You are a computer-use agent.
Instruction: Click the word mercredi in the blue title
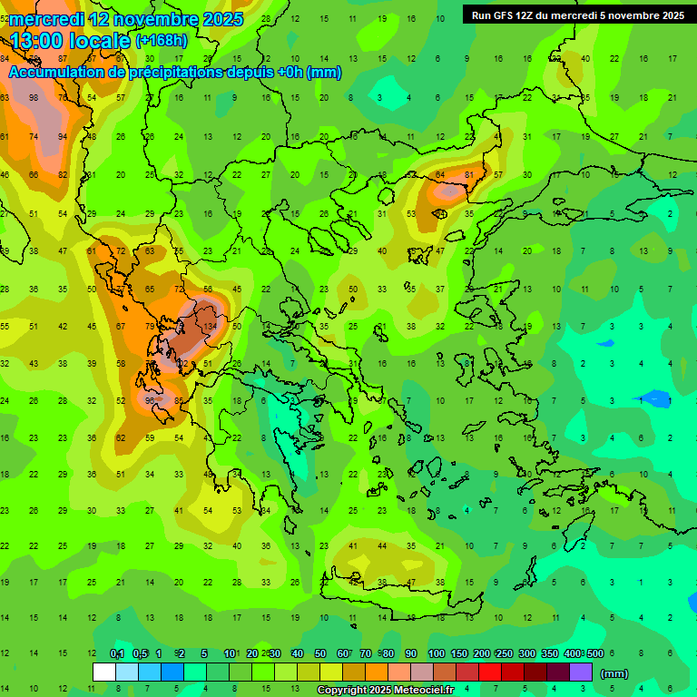pyautogui.click(x=46, y=19)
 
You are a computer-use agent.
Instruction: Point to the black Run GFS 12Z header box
pyautogui.click(x=577, y=15)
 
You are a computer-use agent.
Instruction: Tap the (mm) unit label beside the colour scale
pyautogui.click(x=614, y=673)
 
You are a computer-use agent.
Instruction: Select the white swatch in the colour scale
pyautogui.click(x=104, y=672)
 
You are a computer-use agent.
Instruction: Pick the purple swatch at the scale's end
pyautogui.click(x=581, y=672)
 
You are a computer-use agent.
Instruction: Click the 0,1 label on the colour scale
pyautogui.click(x=117, y=654)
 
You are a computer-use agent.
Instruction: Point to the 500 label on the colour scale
pyautogui.click(x=594, y=654)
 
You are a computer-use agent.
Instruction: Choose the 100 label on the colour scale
pyautogui.click(x=436, y=654)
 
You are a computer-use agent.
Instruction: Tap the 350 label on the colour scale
pyautogui.click(x=549, y=654)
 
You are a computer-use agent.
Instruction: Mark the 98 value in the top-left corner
pyautogui.click(x=34, y=97)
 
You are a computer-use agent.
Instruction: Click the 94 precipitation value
pyautogui.click(x=62, y=137)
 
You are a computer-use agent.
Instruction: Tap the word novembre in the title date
pyautogui.click(x=146, y=19)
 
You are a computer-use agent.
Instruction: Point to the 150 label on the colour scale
pyautogui.click(x=458, y=654)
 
